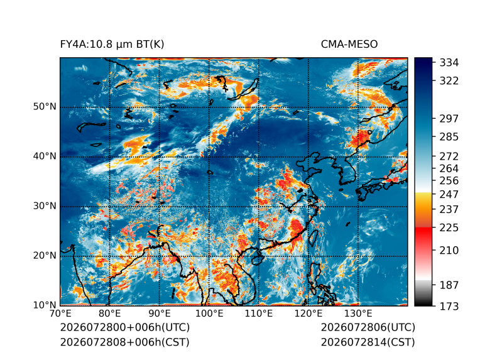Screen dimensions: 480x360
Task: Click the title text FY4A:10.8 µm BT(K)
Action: pyautogui.click(x=112, y=45)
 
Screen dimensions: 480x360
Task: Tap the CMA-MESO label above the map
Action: pyautogui.click(x=349, y=45)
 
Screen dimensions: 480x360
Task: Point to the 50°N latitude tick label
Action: pyautogui.click(x=45, y=107)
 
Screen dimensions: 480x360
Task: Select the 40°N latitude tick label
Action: pyautogui.click(x=45, y=156)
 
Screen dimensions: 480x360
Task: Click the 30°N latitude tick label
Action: pyautogui.click(x=45, y=205)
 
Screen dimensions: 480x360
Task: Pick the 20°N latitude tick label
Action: pyautogui.click(x=45, y=255)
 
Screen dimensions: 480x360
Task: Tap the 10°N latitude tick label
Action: pyautogui.click(x=45, y=305)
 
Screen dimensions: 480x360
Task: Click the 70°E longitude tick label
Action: pyautogui.click(x=60, y=314)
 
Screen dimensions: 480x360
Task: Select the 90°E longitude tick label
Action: pyautogui.click(x=159, y=314)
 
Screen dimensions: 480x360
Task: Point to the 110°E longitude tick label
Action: pyautogui.click(x=259, y=314)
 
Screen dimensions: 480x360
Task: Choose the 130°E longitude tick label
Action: pyautogui.click(x=358, y=314)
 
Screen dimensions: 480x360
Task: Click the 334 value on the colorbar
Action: pyautogui.click(x=449, y=63)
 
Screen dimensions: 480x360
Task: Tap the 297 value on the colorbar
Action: pyautogui.click(x=449, y=119)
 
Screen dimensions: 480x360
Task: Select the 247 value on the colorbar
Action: pyautogui.click(x=449, y=194)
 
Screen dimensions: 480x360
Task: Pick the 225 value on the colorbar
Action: pyautogui.click(x=449, y=228)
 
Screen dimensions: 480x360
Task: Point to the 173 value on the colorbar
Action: pyautogui.click(x=449, y=306)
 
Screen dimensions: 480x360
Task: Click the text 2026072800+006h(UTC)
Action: pyautogui.click(x=125, y=327)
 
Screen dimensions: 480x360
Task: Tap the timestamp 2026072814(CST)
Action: pyautogui.click(x=368, y=342)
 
